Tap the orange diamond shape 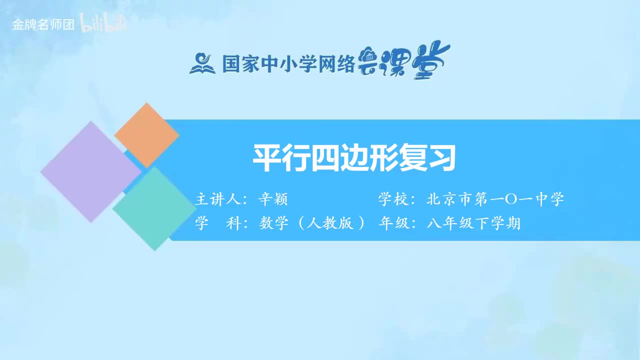tap(146, 135)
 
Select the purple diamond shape tap(90, 171)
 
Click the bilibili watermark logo tap(103, 24)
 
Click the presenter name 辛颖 tap(273, 199)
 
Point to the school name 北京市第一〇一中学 tap(495, 199)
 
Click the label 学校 tap(394, 199)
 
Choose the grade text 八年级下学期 tap(473, 223)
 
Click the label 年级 tap(394, 223)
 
